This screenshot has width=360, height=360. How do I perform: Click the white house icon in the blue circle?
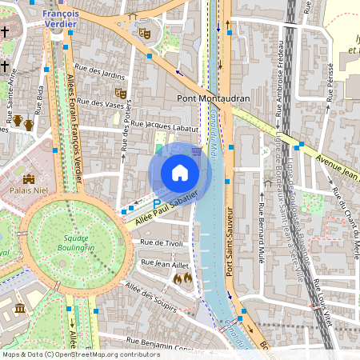180,173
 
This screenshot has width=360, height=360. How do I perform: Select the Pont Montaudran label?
212,98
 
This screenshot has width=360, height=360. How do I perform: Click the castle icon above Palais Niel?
30,179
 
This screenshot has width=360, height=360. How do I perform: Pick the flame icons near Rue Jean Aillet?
182,278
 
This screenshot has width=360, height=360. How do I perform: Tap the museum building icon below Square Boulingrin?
19,309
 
